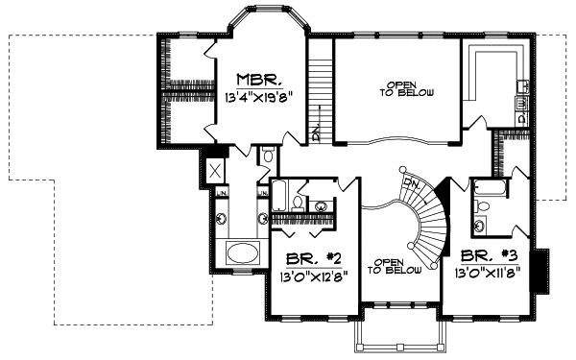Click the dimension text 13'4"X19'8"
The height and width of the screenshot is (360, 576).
click(257, 97)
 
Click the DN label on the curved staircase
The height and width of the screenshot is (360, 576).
click(410, 181)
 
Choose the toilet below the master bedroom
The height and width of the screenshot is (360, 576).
click(268, 155)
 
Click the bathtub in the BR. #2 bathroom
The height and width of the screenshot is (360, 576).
click(279, 195)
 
